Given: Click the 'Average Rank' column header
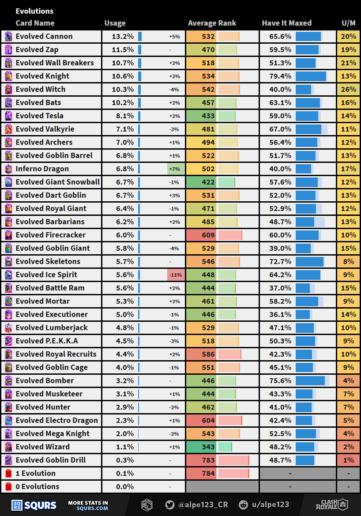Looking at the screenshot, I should pyautogui.click(x=212, y=23).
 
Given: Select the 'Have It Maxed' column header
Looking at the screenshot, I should pyautogui.click(x=286, y=23).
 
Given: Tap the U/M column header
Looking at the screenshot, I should pyautogui.click(x=348, y=23).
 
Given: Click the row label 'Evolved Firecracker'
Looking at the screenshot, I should pyautogui.click(x=50, y=235).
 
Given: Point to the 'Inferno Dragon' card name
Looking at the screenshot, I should pyautogui.click(x=42, y=169).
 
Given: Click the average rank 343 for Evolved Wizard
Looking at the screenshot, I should pyautogui.click(x=208, y=447).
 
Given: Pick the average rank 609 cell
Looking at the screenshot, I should pyautogui.click(x=208, y=235).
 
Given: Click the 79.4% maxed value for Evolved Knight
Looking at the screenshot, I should pyautogui.click(x=281, y=76).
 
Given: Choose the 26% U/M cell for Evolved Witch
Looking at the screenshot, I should pyautogui.click(x=348, y=89).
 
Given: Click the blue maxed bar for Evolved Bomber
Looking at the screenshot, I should pyautogui.click(x=310, y=380).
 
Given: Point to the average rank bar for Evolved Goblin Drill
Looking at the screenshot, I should pyautogui.click(x=233, y=460).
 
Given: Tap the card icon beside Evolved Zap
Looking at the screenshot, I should pyautogui.click(x=8, y=49).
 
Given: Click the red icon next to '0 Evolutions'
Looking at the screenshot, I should pyautogui.click(x=8, y=486).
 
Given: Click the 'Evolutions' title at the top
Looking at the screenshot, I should pyautogui.click(x=34, y=11).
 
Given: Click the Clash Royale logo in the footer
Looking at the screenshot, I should pyautogui.click(x=331, y=505).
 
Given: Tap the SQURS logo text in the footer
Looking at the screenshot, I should pyautogui.click(x=40, y=505).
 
